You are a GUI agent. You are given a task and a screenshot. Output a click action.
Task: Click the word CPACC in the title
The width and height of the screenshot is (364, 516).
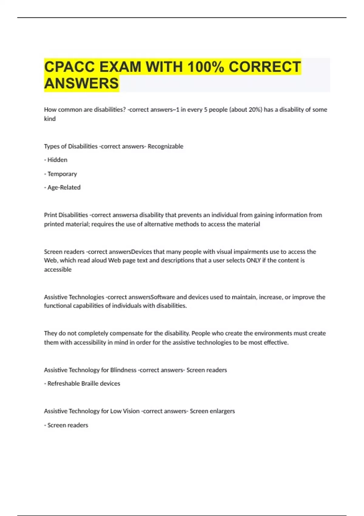[70, 67]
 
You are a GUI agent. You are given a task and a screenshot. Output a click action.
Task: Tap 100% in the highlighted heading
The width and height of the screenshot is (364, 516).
[206, 67]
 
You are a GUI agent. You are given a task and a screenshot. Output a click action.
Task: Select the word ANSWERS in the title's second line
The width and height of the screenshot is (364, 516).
[81, 83]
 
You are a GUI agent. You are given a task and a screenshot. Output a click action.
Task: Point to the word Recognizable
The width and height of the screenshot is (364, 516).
[165, 146]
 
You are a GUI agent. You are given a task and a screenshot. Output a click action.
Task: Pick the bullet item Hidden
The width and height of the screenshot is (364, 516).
[57, 160]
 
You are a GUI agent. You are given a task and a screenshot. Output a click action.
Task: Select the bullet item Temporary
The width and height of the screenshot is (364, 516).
[62, 174]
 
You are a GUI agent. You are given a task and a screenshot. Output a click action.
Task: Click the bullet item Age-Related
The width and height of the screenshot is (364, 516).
[64, 188]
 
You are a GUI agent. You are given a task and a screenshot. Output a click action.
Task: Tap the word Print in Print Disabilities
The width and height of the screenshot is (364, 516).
[50, 215]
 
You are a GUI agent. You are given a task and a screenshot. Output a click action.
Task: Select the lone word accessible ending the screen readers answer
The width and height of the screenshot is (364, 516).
[58, 270]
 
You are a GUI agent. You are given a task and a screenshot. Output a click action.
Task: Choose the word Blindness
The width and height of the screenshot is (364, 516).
[123, 370]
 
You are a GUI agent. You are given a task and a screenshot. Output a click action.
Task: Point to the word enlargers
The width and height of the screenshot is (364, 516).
[222, 411]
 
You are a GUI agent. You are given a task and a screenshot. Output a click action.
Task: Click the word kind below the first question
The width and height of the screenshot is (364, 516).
[50, 119]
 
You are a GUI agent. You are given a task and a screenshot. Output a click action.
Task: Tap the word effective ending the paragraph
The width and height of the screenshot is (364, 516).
[276, 343]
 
